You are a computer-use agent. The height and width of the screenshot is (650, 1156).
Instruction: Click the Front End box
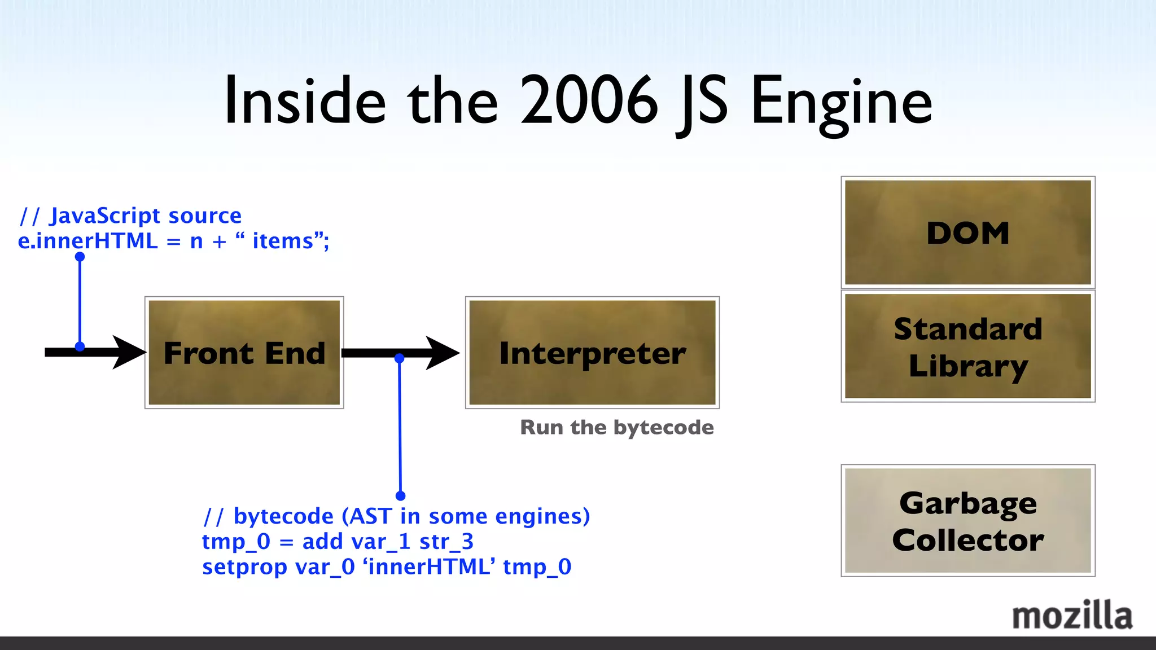pyautogui.click(x=244, y=353)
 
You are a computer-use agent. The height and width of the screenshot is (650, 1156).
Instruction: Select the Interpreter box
pyautogui.click(x=592, y=353)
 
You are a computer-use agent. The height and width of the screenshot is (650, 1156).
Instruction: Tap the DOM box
pyautogui.click(x=967, y=232)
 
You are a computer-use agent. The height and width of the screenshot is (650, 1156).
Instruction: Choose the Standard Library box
pyautogui.click(x=967, y=346)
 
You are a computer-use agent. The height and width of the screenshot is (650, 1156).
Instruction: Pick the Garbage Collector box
pyautogui.click(x=967, y=521)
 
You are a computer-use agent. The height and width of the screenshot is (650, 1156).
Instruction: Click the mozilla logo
pyautogui.click(x=1071, y=616)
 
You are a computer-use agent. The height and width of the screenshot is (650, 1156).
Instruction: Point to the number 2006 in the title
pyautogui.click(x=589, y=102)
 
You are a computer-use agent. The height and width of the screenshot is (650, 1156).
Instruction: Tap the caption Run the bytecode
pyautogui.click(x=616, y=428)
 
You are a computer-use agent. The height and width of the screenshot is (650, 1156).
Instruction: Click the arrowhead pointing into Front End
pyautogui.click(x=129, y=352)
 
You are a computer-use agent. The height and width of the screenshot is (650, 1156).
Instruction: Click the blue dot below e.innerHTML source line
pyautogui.click(x=80, y=257)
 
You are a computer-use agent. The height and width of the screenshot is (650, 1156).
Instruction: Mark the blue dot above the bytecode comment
pyautogui.click(x=400, y=496)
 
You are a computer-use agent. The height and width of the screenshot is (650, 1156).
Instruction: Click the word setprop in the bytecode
pyautogui.click(x=244, y=566)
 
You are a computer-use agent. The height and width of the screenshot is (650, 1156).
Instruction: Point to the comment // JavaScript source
pyautogui.click(x=130, y=216)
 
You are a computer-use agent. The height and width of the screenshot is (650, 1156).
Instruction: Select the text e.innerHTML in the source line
pyautogui.click(x=87, y=241)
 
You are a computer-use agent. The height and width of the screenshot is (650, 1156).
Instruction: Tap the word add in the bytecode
pyautogui.click(x=322, y=542)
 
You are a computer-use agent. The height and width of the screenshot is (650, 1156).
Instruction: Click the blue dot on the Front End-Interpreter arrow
pyautogui.click(x=399, y=358)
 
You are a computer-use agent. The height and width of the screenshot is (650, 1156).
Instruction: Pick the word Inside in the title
pyautogui.click(x=305, y=102)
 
